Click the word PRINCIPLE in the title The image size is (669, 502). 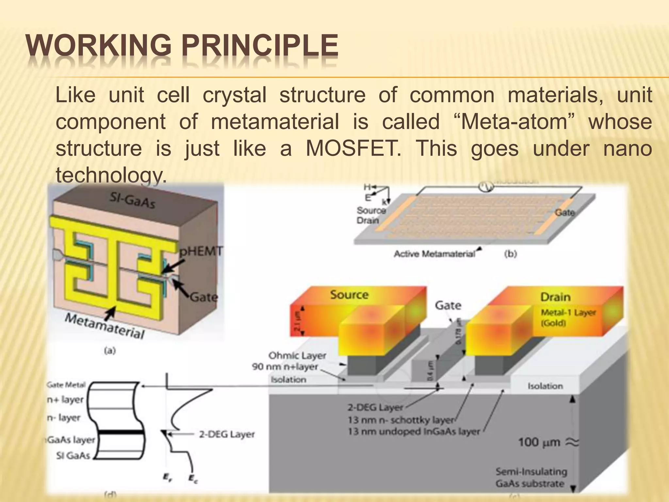260,46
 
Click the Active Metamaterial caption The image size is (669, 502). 434,254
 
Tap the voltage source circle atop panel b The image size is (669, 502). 486,187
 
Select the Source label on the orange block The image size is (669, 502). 349,295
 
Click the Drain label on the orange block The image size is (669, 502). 555,297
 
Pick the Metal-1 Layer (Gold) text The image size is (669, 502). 568,318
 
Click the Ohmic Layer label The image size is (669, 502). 297,355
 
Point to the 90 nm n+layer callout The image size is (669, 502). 285,367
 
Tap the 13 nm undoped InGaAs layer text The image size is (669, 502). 414,432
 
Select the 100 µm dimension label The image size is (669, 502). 539,443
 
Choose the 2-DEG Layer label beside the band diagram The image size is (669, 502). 227,434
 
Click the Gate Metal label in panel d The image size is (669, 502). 66,385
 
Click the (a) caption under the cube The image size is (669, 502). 110,351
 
